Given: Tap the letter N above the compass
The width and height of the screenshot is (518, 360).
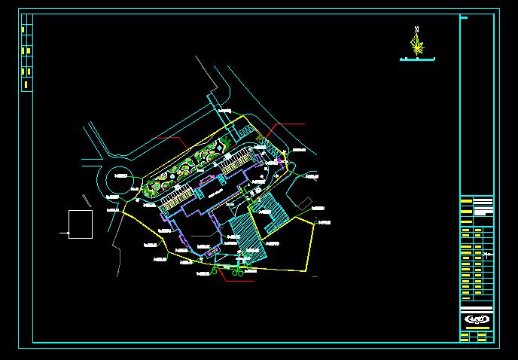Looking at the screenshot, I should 416,29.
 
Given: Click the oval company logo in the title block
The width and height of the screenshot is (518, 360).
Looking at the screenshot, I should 477,319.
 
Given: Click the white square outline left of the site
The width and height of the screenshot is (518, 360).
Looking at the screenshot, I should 81,224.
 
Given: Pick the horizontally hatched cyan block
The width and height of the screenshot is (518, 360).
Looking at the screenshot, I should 271,211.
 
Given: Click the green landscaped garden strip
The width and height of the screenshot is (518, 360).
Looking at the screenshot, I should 188,169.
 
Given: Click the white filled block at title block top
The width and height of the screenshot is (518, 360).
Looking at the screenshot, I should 483,202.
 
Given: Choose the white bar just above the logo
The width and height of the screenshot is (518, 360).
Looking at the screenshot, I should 477,308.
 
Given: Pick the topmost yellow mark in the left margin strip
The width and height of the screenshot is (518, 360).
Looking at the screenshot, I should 23,29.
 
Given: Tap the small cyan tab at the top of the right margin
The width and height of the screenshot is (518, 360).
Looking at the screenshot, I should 465,16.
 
